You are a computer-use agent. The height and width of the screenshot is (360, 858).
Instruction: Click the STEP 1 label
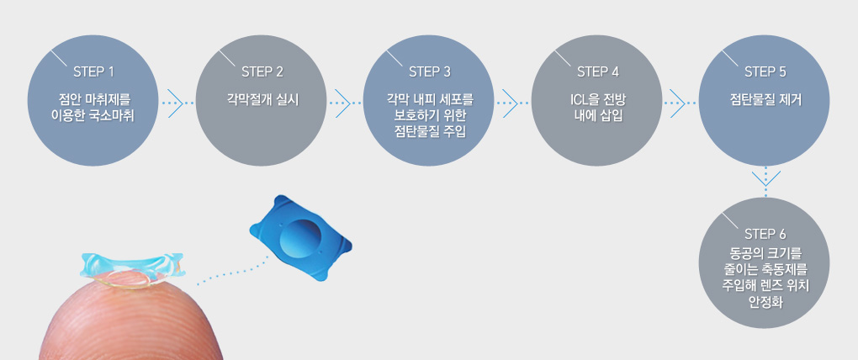click(93, 70)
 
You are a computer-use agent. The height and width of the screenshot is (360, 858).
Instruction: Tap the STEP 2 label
click(262, 70)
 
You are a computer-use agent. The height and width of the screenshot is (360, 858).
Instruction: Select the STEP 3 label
click(429, 70)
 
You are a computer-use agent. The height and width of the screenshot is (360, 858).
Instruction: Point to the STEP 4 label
click(597, 70)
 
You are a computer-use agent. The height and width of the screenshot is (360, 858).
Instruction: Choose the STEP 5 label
click(765, 70)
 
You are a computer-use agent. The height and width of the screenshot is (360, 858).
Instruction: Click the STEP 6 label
click(765, 233)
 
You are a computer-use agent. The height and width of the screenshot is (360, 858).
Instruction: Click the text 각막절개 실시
click(262, 98)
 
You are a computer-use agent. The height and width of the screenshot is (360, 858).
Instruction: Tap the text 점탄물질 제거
click(765, 98)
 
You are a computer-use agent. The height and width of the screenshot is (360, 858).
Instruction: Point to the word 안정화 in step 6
click(765, 300)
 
